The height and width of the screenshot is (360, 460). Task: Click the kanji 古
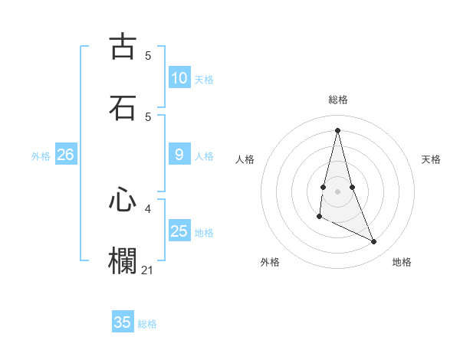point(123,47)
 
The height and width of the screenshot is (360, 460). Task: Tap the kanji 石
point(123,108)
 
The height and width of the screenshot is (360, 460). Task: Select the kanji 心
point(123,201)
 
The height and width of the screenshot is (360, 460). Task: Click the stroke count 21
point(148,270)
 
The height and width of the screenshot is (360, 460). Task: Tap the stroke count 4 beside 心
point(148,208)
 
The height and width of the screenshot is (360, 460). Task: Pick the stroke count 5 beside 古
point(148,55)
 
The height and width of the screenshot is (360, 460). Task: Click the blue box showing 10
point(179,78)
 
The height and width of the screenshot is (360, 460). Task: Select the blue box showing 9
point(179,155)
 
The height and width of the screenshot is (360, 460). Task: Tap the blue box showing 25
point(179,231)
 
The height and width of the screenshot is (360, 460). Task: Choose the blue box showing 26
point(65,155)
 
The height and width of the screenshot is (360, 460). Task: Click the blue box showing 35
point(123,322)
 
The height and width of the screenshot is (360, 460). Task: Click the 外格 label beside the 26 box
point(41,155)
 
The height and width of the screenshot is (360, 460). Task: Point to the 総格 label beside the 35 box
point(147,323)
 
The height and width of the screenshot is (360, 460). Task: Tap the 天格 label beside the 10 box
point(204,79)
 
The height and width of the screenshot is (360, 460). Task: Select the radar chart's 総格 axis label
point(337,100)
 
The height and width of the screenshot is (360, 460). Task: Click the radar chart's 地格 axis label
point(402,262)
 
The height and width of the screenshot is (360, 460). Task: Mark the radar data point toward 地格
point(374,242)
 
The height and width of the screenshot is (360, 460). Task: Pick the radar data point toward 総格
point(337,130)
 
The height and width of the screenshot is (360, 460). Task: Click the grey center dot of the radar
point(337,191)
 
